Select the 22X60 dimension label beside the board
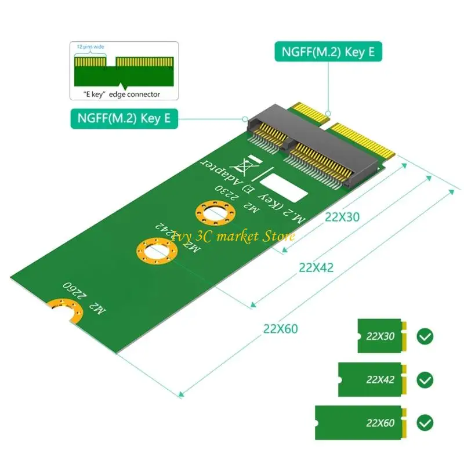280,329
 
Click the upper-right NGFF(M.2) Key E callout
328,52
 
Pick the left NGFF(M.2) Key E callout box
124,118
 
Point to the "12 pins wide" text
90,46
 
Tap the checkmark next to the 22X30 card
425,336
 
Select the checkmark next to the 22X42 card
425,380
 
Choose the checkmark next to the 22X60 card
425,422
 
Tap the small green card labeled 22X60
363,422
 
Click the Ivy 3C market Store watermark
232,235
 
